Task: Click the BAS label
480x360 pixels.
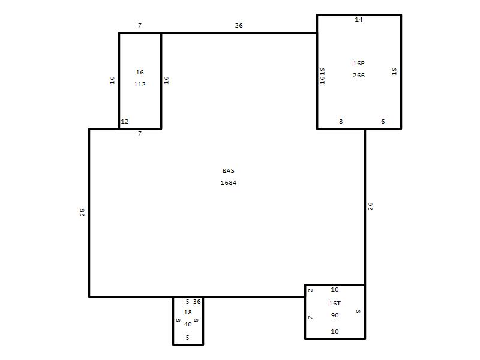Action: click(229, 170)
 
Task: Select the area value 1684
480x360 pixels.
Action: click(229, 183)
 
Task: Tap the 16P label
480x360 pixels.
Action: click(359, 63)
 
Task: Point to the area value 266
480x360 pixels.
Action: click(359, 76)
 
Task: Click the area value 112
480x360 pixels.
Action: click(140, 84)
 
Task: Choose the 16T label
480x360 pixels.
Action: click(335, 303)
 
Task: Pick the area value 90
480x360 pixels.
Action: click(335, 316)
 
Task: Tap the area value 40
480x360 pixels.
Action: click(188, 324)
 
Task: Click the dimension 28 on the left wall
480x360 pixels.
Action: click(82, 212)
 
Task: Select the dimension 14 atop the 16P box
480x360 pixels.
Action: click(359, 20)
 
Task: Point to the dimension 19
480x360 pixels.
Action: click(394, 71)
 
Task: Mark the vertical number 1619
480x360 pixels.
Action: click(322, 76)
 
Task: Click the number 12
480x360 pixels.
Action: click(125, 122)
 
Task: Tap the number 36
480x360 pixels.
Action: click(197, 302)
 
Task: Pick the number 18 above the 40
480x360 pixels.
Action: click(188, 312)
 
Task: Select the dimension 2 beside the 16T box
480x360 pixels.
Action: click(310, 290)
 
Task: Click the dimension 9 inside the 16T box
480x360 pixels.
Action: click(358, 311)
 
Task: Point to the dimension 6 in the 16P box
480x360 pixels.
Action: click(383, 122)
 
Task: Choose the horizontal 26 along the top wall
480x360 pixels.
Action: click(239, 25)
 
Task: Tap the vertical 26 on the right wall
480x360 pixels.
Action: click(370, 206)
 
